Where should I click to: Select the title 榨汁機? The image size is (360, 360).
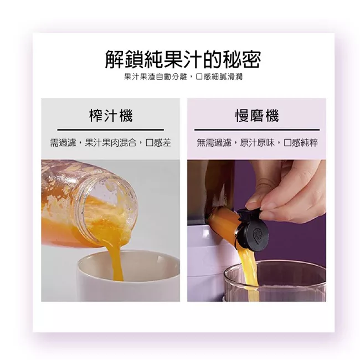pos(111,116)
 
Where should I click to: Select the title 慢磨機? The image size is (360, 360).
pos(257,116)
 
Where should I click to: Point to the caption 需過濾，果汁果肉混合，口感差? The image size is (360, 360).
pos(111,143)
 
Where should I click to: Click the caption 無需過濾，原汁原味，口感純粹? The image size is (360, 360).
pos(257,143)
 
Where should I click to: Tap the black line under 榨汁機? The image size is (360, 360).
pos(111,130)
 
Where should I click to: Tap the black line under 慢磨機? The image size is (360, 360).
pos(257,130)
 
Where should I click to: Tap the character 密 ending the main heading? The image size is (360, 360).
pos(249,59)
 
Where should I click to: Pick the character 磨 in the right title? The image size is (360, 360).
pos(257,116)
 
